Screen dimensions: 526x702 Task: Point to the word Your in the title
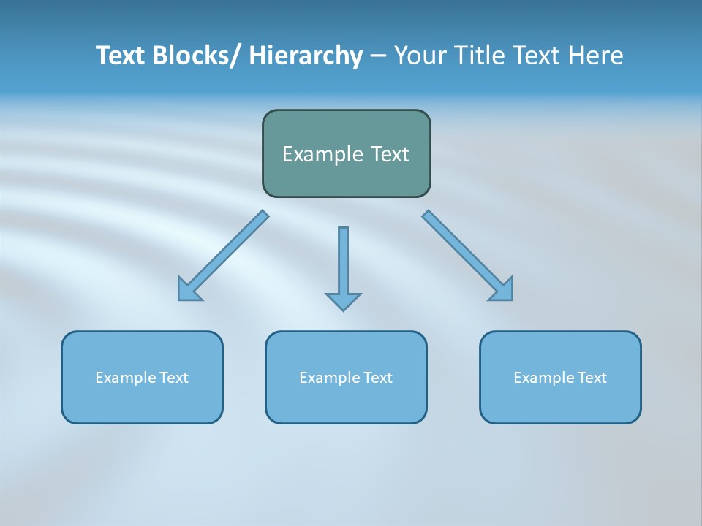click(419, 56)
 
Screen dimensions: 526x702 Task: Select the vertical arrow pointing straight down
click(343, 263)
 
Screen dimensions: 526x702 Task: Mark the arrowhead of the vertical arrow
click(343, 301)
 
